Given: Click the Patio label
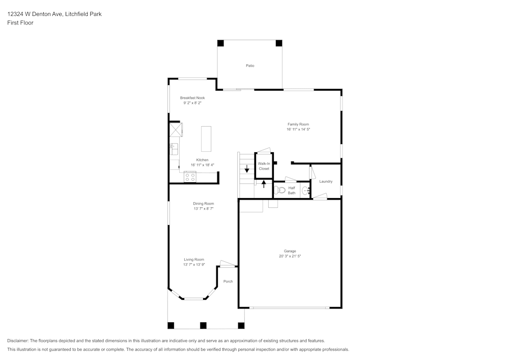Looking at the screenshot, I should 250,66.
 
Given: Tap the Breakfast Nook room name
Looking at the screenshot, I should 192,98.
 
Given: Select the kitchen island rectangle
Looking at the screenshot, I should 206,139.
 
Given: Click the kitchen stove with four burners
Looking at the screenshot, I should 190,177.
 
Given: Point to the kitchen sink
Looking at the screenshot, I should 173,149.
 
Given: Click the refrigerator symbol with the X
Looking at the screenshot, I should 176,129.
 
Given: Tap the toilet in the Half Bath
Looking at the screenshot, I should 280,191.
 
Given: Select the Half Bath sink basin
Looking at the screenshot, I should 305,191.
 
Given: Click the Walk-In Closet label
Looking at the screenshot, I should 264,166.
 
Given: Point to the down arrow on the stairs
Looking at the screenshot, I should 247,169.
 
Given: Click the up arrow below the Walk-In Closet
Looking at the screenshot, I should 264,184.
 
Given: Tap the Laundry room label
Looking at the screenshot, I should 326,181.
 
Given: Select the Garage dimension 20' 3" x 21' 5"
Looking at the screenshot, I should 290,256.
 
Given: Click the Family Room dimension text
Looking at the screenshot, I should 298,129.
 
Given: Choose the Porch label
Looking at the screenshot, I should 228,281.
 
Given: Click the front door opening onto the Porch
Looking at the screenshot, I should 228,264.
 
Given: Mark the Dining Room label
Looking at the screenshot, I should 203,204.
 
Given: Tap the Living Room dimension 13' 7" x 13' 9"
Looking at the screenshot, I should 194,265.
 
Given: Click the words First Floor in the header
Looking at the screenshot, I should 20,23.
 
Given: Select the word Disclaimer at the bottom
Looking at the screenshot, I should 18,341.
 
